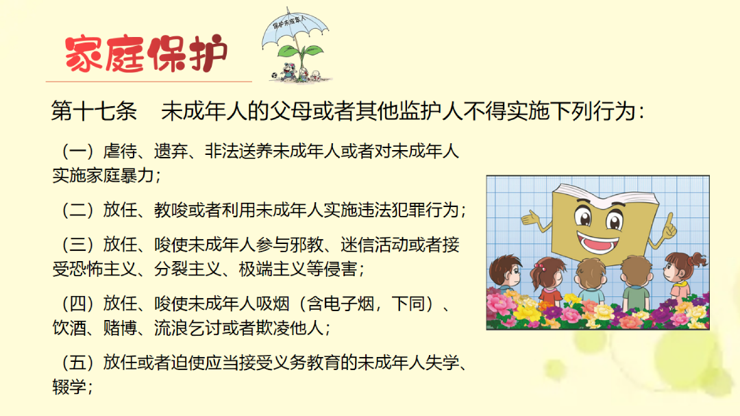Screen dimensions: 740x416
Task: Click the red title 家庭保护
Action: pyautogui.click(x=147, y=53)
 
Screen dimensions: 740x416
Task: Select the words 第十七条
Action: pyautogui.click(x=94, y=111)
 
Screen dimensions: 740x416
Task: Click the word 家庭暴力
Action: pyautogui.click(x=120, y=175)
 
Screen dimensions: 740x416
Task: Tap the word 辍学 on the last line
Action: pyautogui.click(x=69, y=387)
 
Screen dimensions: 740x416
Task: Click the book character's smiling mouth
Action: pyautogui.click(x=597, y=242)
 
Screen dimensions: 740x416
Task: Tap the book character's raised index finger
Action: pyautogui.click(x=669, y=219)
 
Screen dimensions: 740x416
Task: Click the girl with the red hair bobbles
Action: pyautogui.click(x=547, y=280)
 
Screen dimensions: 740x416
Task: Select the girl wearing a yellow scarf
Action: pyautogui.click(x=683, y=276)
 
